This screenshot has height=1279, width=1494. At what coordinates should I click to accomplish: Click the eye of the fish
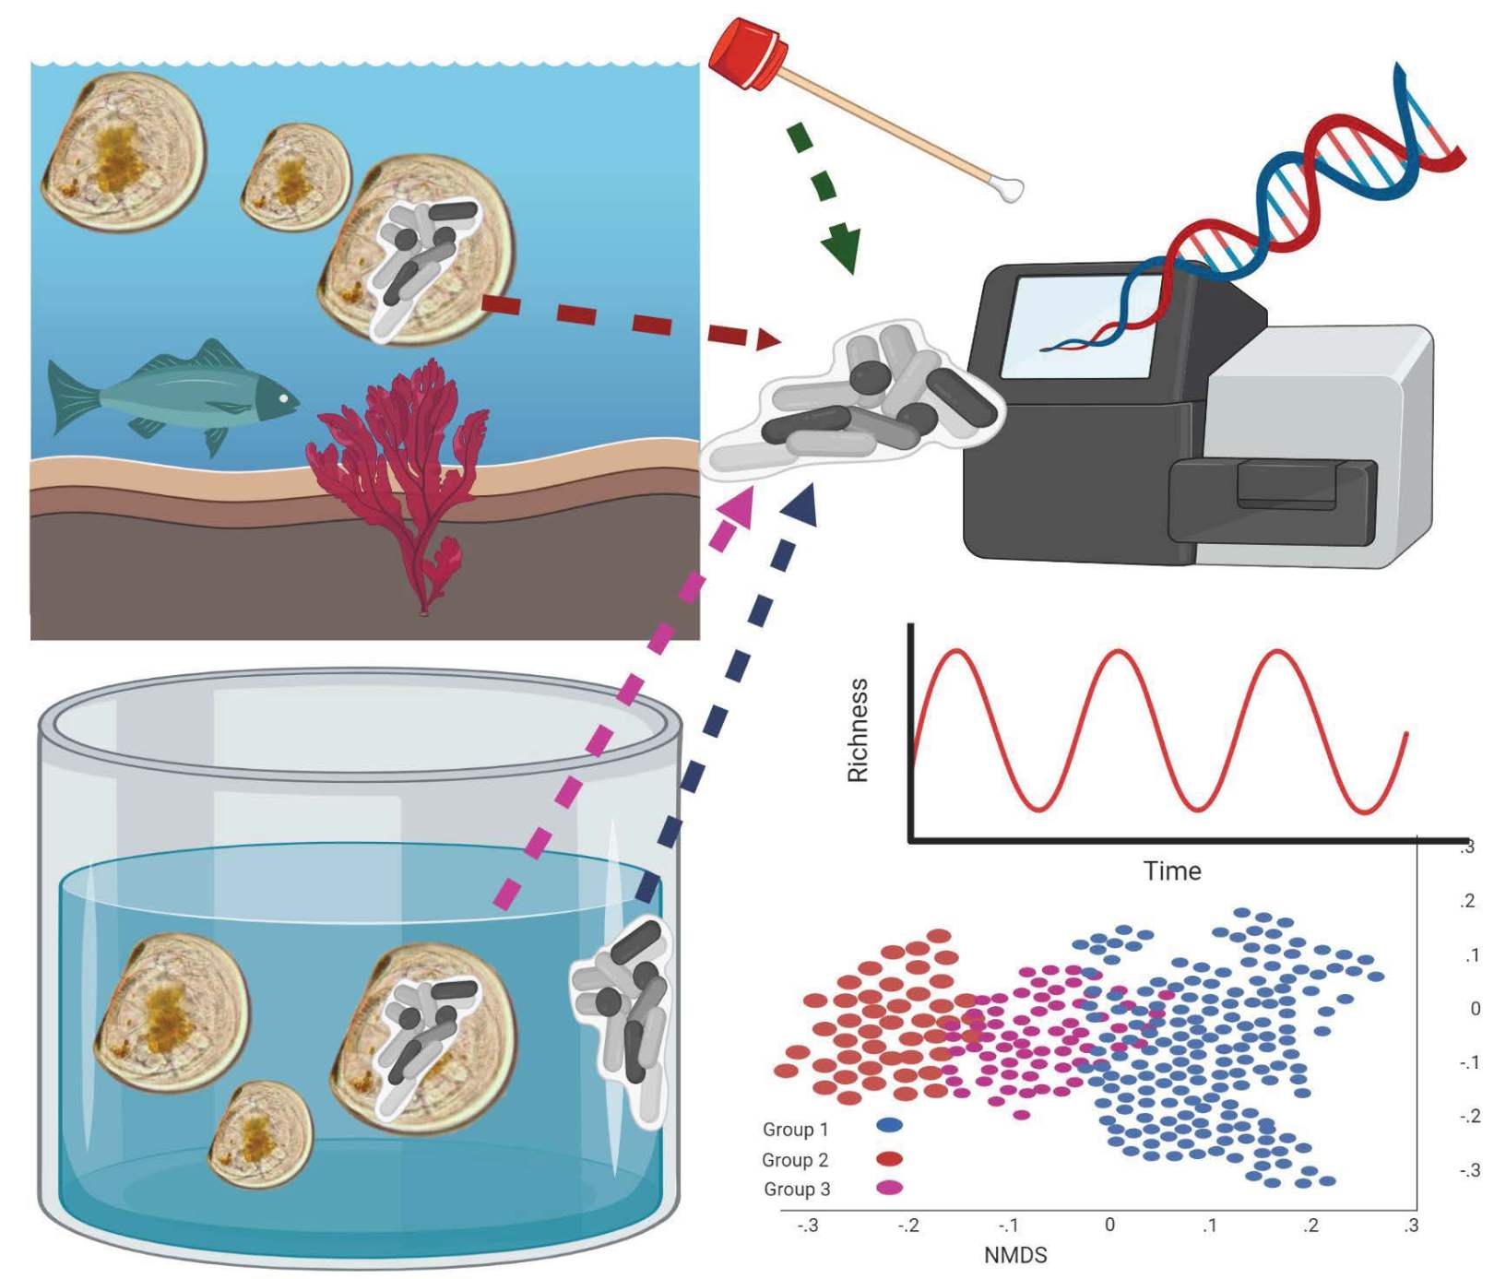[285, 399]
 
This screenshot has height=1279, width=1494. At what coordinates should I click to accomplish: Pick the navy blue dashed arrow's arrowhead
[801, 506]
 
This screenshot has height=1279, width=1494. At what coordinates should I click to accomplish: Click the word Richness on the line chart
[859, 730]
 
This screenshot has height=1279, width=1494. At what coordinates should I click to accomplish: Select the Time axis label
[1172, 871]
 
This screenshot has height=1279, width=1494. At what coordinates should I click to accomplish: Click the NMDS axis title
[1015, 1255]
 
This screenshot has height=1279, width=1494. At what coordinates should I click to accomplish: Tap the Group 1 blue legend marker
[889, 1126]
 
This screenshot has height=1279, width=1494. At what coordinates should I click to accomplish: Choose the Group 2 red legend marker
[889, 1158]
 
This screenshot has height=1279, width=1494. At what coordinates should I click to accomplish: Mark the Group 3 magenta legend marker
[889, 1188]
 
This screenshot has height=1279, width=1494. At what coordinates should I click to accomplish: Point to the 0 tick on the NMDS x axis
[1109, 1225]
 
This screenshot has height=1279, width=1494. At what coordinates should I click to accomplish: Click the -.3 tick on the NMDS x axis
[807, 1226]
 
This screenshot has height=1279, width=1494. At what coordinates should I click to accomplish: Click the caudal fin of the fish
[69, 397]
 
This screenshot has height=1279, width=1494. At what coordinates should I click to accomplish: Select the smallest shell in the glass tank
[261, 1134]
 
